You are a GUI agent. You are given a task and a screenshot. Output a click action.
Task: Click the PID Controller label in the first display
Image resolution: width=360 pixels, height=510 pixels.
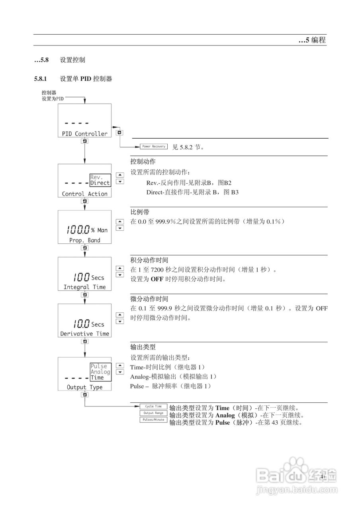84,134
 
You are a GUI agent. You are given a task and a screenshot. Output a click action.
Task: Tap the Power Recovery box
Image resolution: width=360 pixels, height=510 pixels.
153,147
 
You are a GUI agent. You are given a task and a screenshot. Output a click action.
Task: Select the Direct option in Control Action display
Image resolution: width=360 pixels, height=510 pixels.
100,183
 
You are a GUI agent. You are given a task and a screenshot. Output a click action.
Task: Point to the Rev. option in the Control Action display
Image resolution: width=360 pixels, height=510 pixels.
97,177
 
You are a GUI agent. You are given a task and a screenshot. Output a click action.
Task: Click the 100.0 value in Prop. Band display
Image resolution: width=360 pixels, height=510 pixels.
78,230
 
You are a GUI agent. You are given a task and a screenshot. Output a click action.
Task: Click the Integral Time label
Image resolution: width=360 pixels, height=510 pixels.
84,287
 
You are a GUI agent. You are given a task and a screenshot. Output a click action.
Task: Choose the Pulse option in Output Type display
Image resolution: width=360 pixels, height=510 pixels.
98,366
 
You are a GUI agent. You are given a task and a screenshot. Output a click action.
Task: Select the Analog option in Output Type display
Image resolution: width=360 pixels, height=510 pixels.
100,372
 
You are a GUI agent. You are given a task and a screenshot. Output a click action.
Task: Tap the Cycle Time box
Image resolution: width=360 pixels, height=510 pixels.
153,406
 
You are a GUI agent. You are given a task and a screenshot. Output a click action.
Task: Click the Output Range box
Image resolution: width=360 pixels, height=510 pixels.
153,413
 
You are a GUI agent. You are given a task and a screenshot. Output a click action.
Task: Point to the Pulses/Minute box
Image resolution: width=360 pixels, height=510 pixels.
153,420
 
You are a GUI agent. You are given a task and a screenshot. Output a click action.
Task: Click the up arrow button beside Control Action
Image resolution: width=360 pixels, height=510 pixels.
119,175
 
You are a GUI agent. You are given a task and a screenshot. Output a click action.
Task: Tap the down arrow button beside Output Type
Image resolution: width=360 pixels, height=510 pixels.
119,372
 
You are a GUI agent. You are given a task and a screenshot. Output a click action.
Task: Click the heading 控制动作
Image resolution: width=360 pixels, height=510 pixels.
143,162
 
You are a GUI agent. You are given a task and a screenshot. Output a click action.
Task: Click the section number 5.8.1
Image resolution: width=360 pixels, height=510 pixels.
41,79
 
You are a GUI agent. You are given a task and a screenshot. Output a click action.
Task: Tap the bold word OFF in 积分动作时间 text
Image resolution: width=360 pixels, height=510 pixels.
157,279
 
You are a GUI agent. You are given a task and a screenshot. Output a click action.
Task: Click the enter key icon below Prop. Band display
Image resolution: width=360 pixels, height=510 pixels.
85,248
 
